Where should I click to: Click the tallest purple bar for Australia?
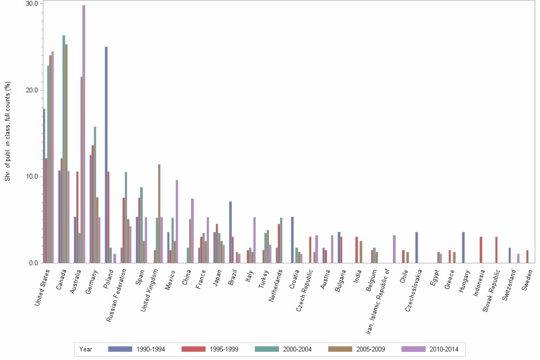[x=84, y=134]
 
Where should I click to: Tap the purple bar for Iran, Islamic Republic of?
[x=394, y=249]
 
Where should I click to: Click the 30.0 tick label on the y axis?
[x=32, y=3]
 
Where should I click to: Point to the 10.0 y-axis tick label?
[x=32, y=177]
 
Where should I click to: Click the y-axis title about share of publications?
[x=7, y=132]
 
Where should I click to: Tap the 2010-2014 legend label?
[x=443, y=349]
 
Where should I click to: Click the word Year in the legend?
[x=86, y=349]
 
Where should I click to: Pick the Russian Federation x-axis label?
[x=116, y=293]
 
